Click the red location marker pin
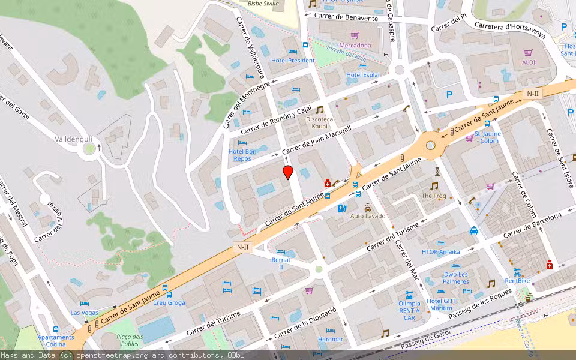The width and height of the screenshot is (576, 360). point(288,173)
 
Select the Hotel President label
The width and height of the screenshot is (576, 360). point(293,61)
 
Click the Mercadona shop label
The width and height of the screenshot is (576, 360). point(355,45)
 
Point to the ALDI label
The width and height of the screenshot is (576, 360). point(529,62)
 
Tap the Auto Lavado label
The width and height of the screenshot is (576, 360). point(367,216)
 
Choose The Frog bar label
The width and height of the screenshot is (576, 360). point(434,196)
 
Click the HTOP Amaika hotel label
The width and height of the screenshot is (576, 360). point(441,252)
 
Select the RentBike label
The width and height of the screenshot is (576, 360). point(517,280)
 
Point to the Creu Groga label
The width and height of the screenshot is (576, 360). point(169,302)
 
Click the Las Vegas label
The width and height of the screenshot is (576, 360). point(84,313)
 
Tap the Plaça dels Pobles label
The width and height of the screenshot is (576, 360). point(130,340)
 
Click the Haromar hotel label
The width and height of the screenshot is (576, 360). point(330,339)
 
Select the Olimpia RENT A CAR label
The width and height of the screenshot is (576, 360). point(409,310)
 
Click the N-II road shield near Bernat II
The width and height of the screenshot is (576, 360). point(242,247)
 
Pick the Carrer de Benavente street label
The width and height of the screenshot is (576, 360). point(346,18)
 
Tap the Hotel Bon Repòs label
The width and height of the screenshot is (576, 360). point(242,155)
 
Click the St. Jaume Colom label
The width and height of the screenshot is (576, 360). point(487,137)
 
